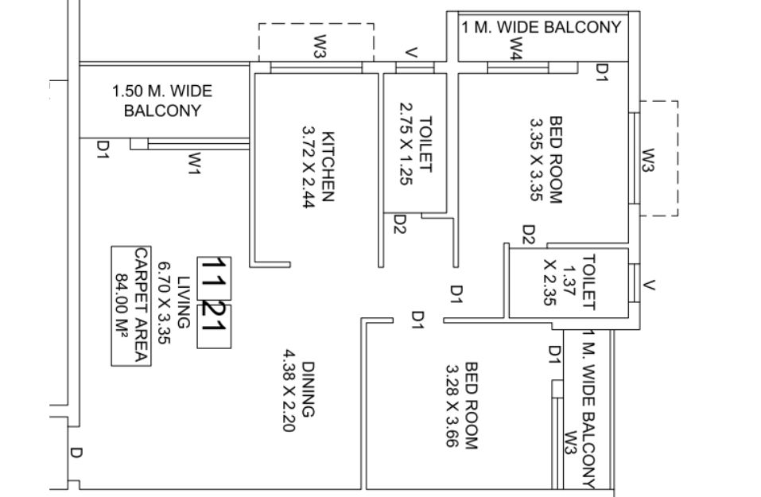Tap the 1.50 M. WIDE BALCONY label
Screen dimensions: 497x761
162,101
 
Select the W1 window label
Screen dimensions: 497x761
193,164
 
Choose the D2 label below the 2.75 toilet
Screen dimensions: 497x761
400,225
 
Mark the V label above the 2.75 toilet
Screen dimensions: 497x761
411,52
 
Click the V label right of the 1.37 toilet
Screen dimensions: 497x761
650,285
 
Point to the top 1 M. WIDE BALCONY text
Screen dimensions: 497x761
542,27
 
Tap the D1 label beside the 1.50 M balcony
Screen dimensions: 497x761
102,149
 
